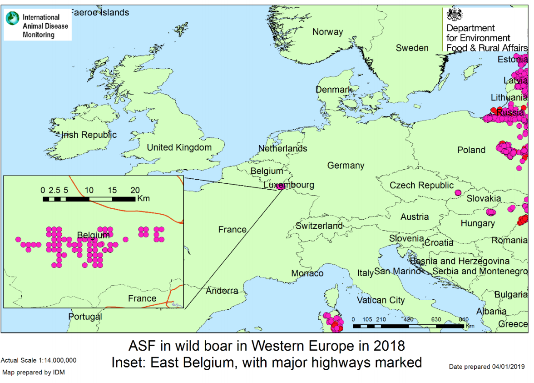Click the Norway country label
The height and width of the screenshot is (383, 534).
(x=327, y=32)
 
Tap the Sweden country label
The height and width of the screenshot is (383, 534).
(x=412, y=48)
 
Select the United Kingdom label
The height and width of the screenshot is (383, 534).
(x=179, y=147)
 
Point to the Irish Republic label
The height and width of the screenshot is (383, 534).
(x=89, y=135)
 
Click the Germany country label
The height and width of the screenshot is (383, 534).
(x=346, y=166)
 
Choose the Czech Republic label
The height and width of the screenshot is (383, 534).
(x=421, y=186)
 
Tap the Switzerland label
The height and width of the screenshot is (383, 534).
(x=319, y=226)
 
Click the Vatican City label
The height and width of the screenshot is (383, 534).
(x=381, y=300)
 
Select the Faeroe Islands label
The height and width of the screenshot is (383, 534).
(x=100, y=12)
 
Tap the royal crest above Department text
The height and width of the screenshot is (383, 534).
(x=453, y=15)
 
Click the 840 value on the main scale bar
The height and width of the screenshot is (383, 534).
(x=463, y=319)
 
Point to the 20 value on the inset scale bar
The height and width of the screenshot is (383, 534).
(x=135, y=190)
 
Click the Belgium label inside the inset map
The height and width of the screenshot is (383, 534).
(x=93, y=235)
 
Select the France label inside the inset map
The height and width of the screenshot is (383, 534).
(x=142, y=298)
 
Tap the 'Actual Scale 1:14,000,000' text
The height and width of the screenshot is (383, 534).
(x=39, y=360)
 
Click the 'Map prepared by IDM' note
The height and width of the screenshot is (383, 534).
(x=34, y=373)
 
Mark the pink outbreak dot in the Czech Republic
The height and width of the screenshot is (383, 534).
(x=458, y=193)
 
